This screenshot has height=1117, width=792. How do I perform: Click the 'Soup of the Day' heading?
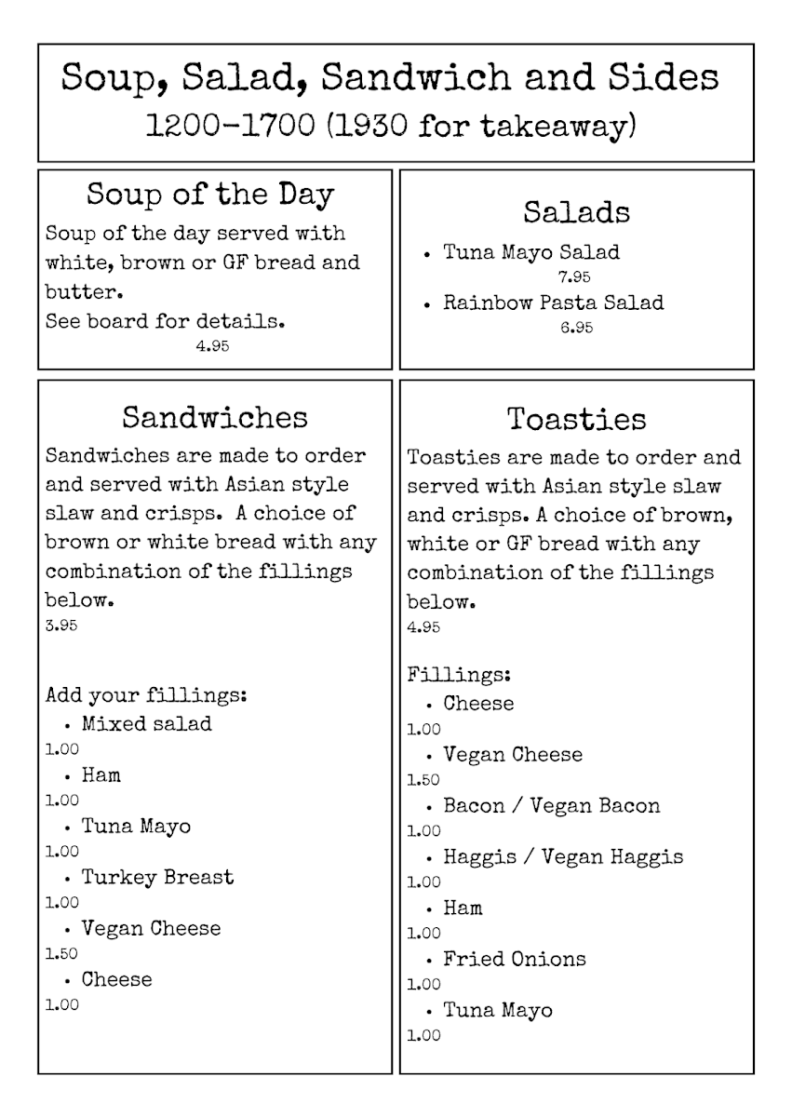click(210, 195)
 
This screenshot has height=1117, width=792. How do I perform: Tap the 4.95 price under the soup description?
click(212, 346)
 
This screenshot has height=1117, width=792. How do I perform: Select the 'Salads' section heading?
click(576, 212)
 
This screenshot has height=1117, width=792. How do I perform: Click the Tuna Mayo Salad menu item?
click(531, 252)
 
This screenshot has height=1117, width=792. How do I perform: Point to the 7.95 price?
click(574, 276)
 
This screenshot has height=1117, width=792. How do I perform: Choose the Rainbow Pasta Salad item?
click(553, 303)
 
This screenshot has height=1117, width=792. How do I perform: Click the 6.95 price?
click(576, 328)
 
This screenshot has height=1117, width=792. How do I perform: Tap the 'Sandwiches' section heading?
click(214, 417)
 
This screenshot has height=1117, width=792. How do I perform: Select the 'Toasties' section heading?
click(576, 419)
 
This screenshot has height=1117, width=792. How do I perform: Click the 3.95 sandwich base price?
click(61, 626)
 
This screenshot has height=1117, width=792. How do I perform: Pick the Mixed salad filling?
click(146, 723)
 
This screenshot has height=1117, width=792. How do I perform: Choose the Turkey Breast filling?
click(157, 877)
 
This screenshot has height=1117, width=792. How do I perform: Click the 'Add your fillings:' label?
click(145, 695)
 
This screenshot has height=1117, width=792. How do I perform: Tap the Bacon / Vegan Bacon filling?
click(551, 806)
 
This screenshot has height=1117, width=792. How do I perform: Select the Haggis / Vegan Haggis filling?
click(562, 857)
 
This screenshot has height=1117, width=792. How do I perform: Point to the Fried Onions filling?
click(515, 960)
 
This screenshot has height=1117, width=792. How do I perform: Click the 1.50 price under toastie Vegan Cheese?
click(423, 780)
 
